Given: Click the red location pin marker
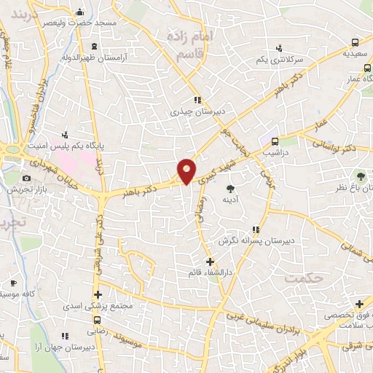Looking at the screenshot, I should click(x=186, y=170).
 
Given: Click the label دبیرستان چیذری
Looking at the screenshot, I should click(x=189, y=112).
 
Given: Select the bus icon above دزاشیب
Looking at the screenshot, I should click(x=275, y=142).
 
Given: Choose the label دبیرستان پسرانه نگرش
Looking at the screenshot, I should click(x=257, y=239).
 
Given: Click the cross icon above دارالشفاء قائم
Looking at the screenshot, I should click(x=210, y=262).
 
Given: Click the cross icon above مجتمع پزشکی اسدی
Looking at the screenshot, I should click(x=98, y=294).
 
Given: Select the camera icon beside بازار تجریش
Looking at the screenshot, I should click(x=27, y=178).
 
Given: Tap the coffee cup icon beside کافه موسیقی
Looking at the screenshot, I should click(x=13, y=282).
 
